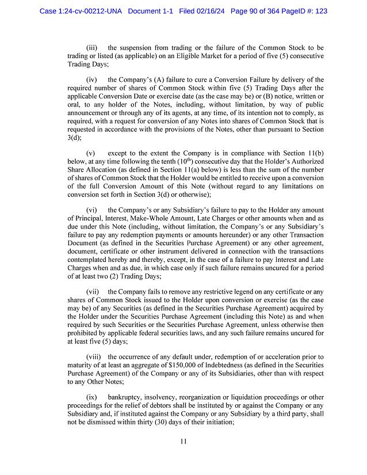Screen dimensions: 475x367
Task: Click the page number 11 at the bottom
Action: click(x=183, y=442)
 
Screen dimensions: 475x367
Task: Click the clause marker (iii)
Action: click(x=91, y=47)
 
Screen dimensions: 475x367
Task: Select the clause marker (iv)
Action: click(x=91, y=79)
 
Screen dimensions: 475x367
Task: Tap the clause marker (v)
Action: click(x=91, y=154)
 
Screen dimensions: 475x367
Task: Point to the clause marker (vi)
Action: click(x=91, y=211)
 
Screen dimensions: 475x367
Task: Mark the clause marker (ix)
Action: click(x=91, y=397)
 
